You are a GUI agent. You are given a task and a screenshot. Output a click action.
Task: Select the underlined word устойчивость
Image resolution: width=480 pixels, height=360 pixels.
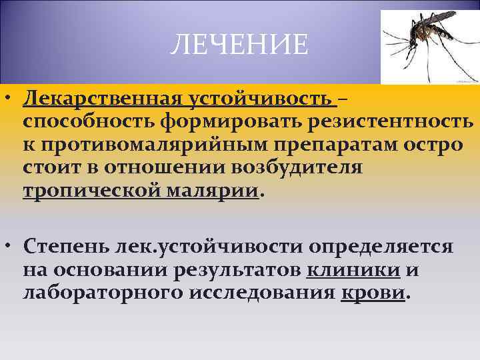[260, 100]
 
